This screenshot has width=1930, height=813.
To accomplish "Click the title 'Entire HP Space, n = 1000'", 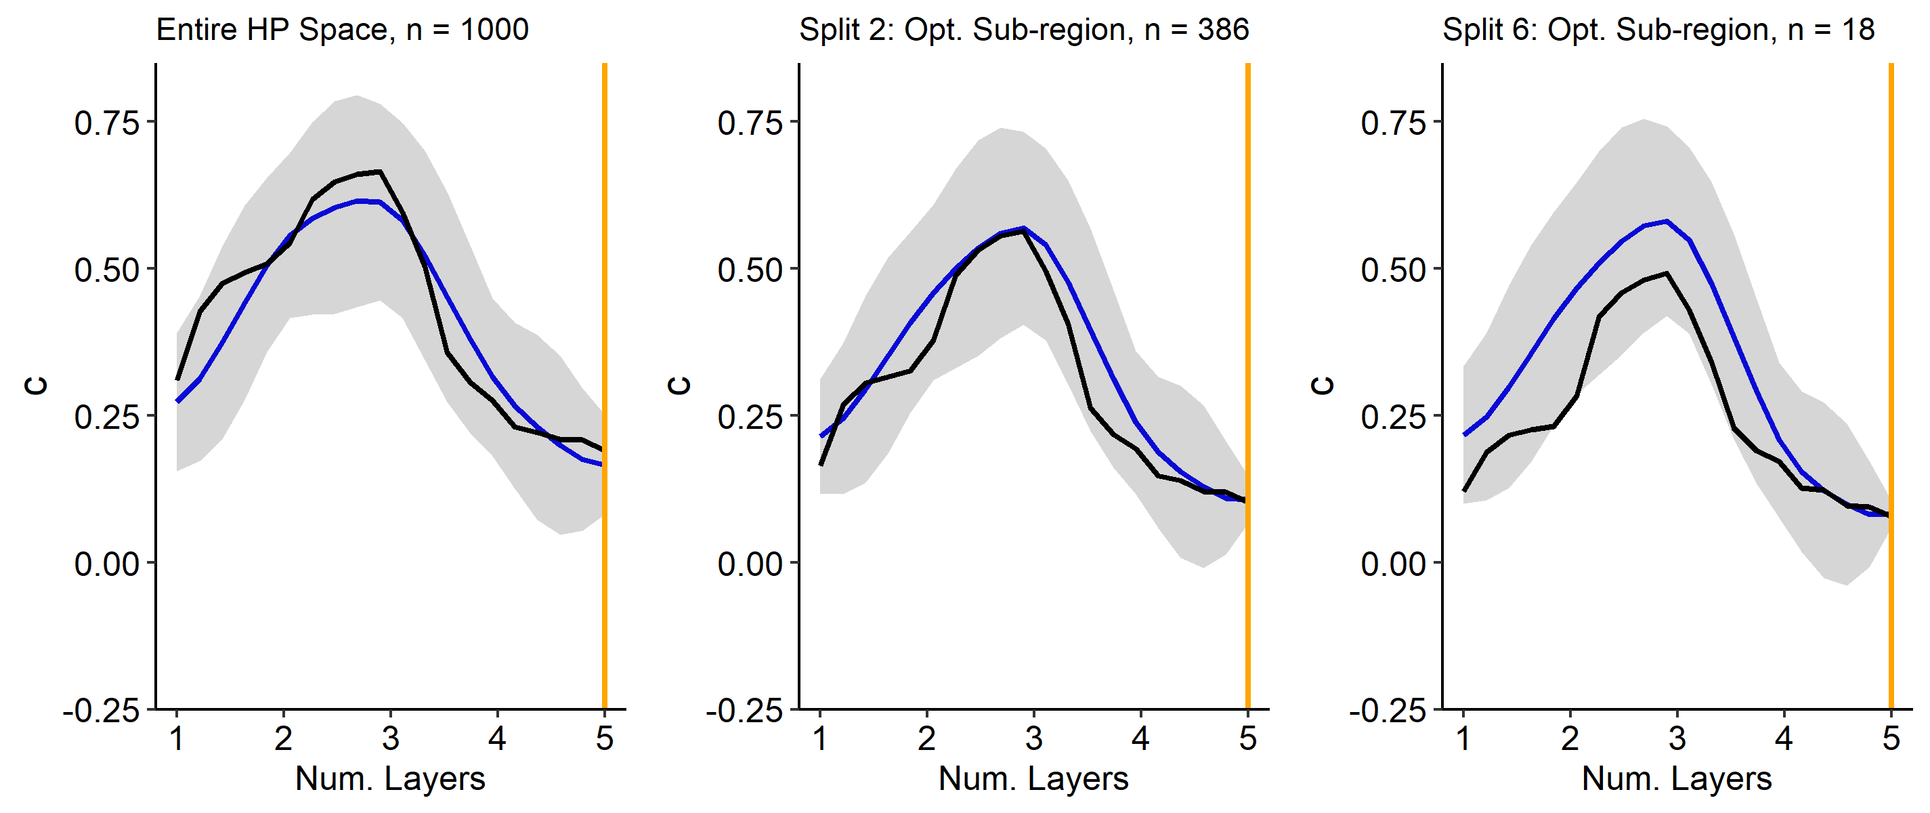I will point(343,30).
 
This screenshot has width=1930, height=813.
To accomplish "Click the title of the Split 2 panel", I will point(1023,30).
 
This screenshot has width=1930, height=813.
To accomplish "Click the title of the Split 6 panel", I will point(1658,30).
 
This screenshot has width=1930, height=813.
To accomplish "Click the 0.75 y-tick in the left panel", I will point(107,123).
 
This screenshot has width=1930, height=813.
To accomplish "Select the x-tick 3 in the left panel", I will point(390,739).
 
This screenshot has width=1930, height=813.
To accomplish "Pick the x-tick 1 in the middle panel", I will point(819,739).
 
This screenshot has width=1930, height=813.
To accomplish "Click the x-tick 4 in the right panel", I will point(1784,739).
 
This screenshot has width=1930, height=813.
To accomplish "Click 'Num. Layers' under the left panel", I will point(390,778).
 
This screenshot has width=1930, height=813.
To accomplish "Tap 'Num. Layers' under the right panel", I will point(1677,778).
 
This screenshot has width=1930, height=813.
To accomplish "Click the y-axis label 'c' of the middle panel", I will point(679,385).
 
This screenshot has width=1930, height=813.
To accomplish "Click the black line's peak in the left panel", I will point(380,171).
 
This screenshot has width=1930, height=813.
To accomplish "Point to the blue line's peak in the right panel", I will point(1667,221).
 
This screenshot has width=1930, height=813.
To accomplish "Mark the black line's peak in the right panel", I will point(1667,274).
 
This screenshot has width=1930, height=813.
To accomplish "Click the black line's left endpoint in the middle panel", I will point(821,465).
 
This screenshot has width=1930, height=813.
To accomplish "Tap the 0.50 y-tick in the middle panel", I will point(750,270).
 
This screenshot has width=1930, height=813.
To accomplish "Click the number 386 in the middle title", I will point(1223,30).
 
